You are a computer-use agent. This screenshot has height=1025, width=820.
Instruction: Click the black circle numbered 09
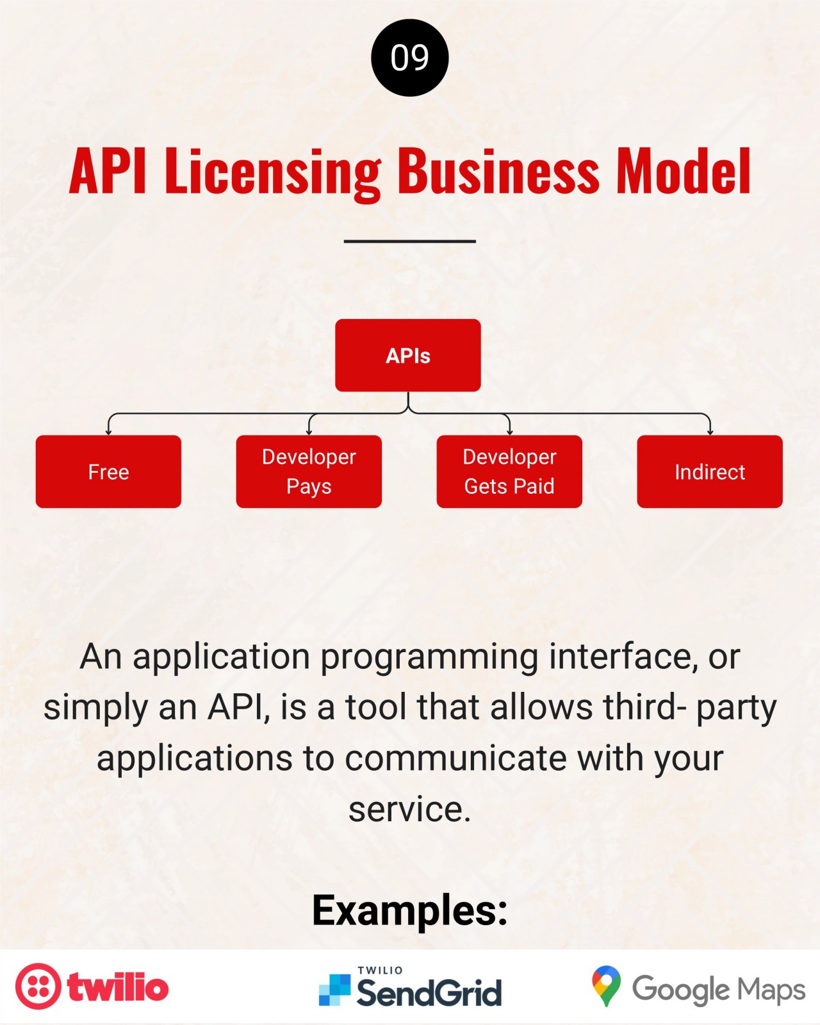(410, 58)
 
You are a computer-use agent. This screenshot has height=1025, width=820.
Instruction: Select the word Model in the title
(684, 170)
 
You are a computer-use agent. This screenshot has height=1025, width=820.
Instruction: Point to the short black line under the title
(410, 242)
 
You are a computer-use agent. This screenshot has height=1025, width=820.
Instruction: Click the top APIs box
(408, 356)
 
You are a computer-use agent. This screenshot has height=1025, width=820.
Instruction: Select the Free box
(109, 471)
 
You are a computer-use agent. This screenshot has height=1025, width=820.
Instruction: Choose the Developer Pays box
(309, 471)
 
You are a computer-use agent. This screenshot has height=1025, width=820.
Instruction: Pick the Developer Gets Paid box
(509, 471)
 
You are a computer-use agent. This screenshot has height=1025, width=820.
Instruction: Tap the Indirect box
(710, 471)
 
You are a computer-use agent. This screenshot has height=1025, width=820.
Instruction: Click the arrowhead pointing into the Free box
(109, 432)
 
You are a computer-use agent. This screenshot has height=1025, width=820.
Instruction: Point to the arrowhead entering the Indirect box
(710, 432)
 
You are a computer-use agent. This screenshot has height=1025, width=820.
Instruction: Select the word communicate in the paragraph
(455, 758)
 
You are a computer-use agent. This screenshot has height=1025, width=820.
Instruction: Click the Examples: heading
(410, 910)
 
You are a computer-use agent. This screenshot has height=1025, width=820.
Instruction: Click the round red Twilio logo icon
(38, 986)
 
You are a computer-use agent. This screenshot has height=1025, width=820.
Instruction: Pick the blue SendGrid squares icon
(334, 990)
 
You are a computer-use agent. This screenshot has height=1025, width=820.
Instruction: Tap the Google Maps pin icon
(607, 986)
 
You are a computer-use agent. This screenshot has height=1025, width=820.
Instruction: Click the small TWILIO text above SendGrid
(381, 970)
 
